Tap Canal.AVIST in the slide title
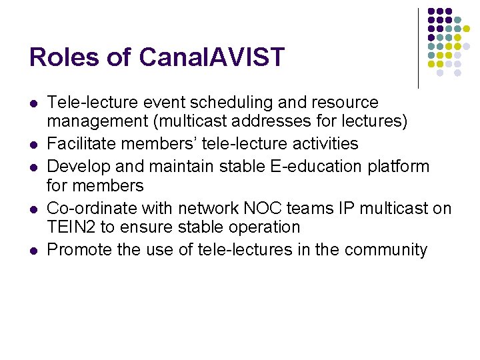coord(212,57)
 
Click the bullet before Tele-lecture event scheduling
coord(33,104)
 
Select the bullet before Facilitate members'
coord(33,145)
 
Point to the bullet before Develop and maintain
coord(33,166)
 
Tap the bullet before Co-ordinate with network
coord(33,209)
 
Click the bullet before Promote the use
coord(33,251)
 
